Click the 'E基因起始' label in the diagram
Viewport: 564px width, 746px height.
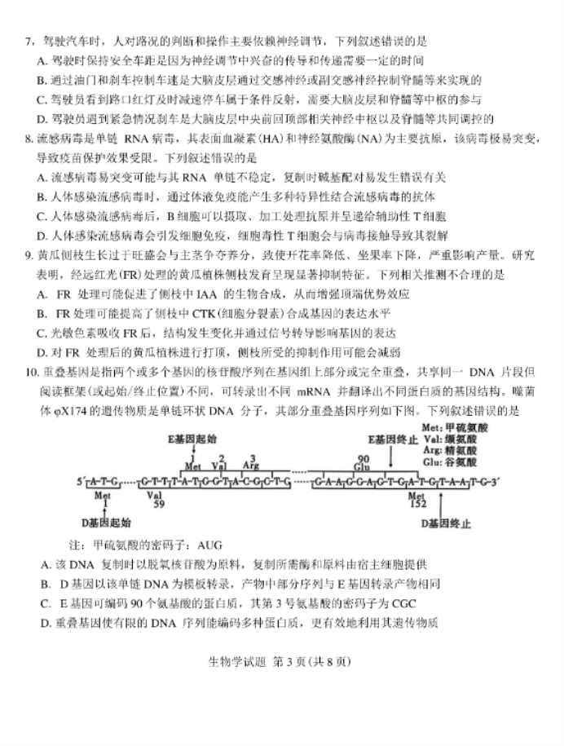click(x=193, y=439)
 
